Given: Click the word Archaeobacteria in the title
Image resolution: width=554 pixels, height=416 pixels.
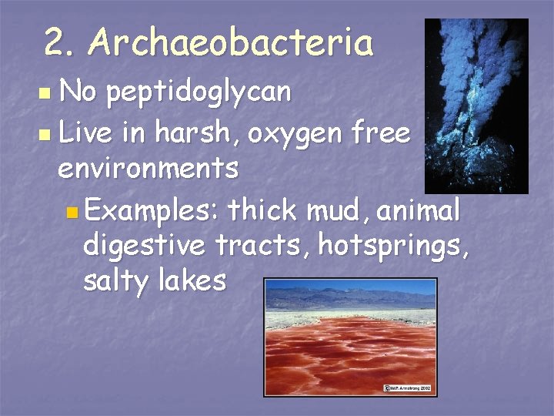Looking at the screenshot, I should (231, 42).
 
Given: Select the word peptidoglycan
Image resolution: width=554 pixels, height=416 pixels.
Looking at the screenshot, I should (199, 92).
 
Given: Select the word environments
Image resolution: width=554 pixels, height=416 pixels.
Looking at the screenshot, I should (149, 169).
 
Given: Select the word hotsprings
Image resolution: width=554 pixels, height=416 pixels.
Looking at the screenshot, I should (392, 246).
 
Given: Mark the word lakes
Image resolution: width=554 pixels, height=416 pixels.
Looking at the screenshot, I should (192, 281).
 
